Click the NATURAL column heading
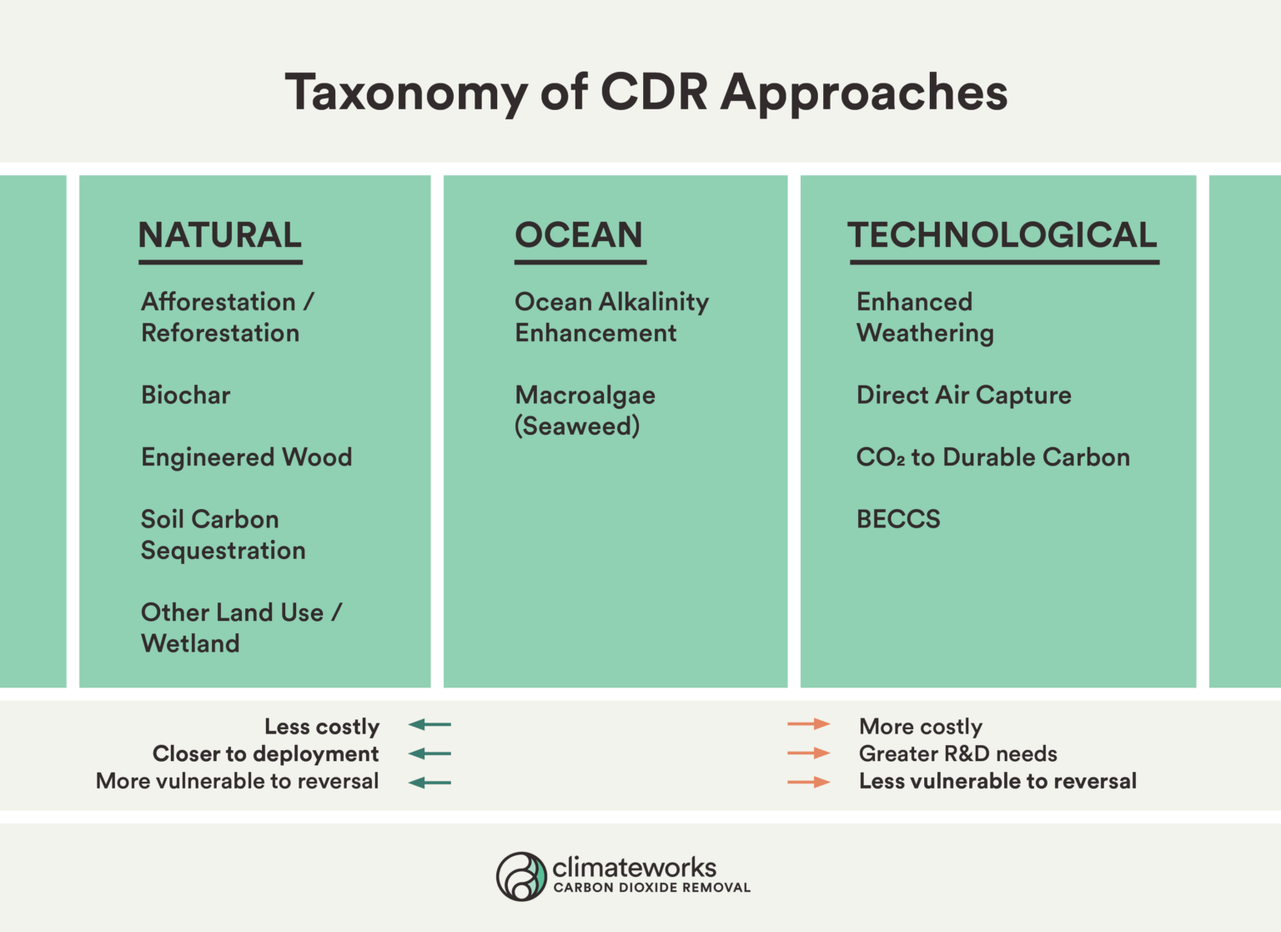click(x=220, y=235)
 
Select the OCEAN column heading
click(x=579, y=235)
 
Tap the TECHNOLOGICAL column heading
click(x=1002, y=235)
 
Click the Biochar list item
click(x=186, y=395)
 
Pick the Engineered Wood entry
click(x=247, y=457)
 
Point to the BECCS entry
click(x=898, y=519)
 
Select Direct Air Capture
click(x=964, y=395)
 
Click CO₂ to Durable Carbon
click(x=993, y=457)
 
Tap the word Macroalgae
click(x=585, y=395)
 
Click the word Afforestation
click(x=219, y=301)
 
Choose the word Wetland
click(x=190, y=643)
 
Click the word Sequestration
click(x=224, y=551)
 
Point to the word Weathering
click(x=925, y=333)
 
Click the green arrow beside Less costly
click(x=430, y=725)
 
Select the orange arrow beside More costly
click(x=808, y=724)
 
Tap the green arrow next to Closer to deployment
click(x=430, y=753)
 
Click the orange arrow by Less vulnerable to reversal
click(x=808, y=782)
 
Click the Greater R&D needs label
click(x=958, y=753)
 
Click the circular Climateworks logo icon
click(x=522, y=876)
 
